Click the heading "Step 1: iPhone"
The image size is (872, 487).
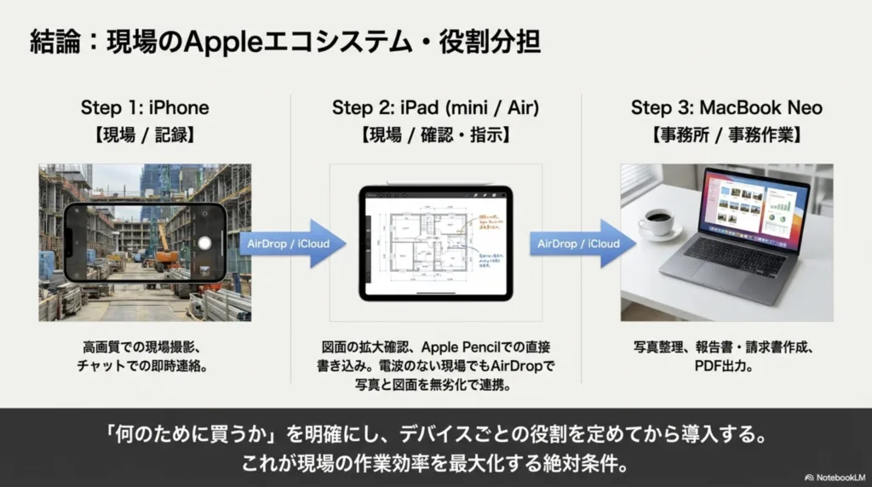pos(145,108)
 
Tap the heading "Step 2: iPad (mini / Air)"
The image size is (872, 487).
pos(435,108)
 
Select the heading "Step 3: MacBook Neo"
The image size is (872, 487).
pos(726,108)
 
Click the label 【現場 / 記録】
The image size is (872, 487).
pos(145,135)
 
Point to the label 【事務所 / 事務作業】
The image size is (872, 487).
pos(726,135)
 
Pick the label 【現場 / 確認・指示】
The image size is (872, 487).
pos(435,135)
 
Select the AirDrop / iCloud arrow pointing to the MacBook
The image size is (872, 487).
pos(582,243)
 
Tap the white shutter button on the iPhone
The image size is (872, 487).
pos(204,242)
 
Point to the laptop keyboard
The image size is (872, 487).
pos(734,256)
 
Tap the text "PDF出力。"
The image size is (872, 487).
pos(726,367)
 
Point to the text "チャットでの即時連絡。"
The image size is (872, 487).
pos(145,367)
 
